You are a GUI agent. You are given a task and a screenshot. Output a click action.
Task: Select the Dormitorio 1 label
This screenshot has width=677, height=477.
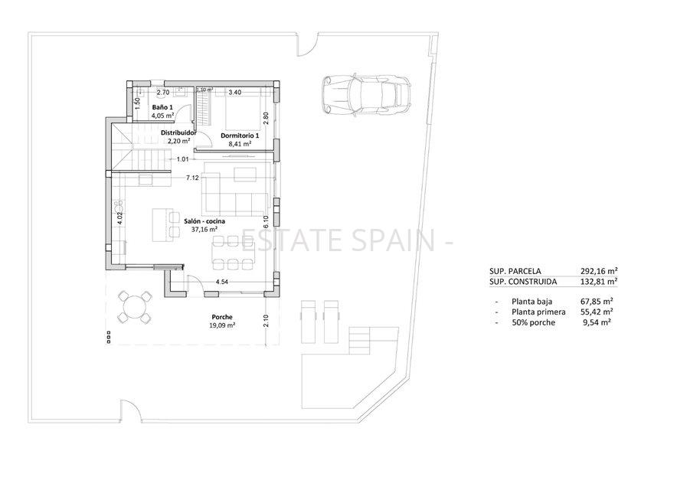pos(240,136)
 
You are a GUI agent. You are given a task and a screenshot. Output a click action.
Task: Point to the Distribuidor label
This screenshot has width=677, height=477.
pos(178,132)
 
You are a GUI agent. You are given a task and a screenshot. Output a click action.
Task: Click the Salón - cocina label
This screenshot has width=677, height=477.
pos(204,221)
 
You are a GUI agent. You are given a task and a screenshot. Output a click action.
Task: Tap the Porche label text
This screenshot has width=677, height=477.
pos(222,317)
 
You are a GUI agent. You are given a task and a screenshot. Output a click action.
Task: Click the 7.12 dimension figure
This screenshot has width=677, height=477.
pos(192,178)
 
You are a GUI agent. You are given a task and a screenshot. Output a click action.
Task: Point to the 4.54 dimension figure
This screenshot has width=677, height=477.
pos(222,283)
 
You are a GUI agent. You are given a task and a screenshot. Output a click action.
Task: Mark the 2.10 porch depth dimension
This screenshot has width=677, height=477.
pos(266,322)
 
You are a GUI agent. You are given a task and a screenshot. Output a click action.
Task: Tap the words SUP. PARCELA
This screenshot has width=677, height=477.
pos(515,271)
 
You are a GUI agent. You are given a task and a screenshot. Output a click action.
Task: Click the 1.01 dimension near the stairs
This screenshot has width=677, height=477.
pos(183,159)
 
